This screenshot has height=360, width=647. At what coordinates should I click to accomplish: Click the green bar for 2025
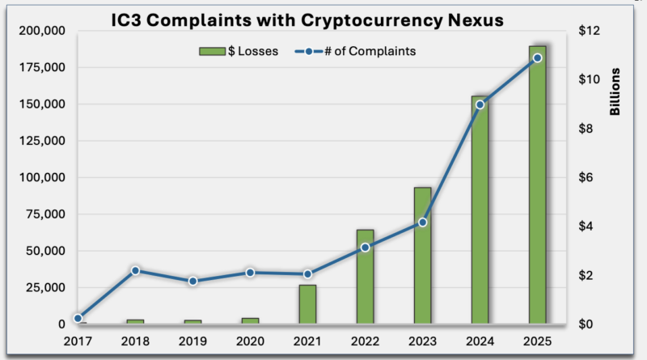click(537, 186)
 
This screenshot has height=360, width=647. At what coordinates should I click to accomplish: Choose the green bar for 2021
click(307, 304)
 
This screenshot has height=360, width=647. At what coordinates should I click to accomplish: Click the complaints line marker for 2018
click(135, 270)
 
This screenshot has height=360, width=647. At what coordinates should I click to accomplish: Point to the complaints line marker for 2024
click(480, 104)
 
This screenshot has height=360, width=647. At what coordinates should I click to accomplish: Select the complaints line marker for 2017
click(78, 318)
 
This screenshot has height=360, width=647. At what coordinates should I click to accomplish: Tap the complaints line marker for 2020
click(250, 273)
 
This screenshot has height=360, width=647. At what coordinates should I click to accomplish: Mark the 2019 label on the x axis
click(192, 341)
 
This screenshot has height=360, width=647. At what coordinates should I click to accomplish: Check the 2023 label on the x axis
click(422, 341)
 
